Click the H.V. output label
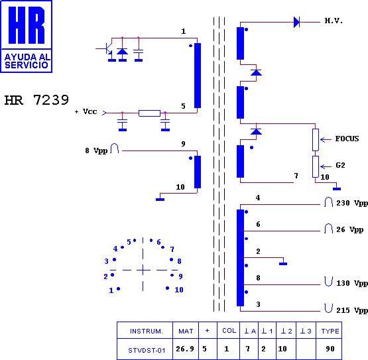click(x=334, y=21)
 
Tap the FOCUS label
click(x=347, y=139)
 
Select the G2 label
click(x=340, y=165)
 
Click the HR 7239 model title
click(x=36, y=100)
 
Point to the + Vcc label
click(x=86, y=111)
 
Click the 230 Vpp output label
click(x=352, y=203)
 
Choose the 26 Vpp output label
click(x=349, y=229)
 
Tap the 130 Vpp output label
click(x=352, y=283)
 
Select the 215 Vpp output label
click(x=352, y=310)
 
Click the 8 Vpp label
click(x=96, y=150)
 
